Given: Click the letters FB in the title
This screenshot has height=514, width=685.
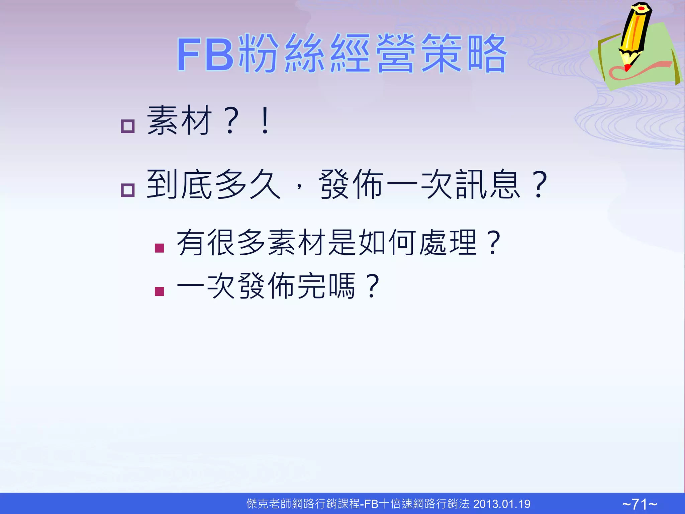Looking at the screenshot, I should (x=205, y=54).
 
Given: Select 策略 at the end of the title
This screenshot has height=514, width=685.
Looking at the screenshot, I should (x=464, y=54).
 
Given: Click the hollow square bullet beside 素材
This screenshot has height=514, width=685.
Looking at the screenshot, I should (x=127, y=126).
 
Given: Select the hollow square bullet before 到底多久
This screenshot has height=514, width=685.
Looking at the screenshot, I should (x=127, y=190).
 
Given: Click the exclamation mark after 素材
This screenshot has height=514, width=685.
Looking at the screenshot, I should (x=265, y=120).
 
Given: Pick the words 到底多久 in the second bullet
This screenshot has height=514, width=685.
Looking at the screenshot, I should (x=213, y=184).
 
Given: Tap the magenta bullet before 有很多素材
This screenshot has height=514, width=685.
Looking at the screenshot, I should (x=160, y=248).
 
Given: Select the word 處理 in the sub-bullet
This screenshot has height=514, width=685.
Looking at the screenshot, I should (x=448, y=242).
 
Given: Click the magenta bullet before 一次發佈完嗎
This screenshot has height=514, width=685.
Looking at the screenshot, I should (x=160, y=291).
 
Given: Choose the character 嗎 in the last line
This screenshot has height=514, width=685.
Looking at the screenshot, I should (x=342, y=286).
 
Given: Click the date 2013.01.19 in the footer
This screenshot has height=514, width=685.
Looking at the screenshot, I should (x=502, y=504).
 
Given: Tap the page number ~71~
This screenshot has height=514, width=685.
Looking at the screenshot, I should (x=640, y=504).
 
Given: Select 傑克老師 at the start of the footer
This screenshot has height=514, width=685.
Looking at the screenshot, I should (x=269, y=504).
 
